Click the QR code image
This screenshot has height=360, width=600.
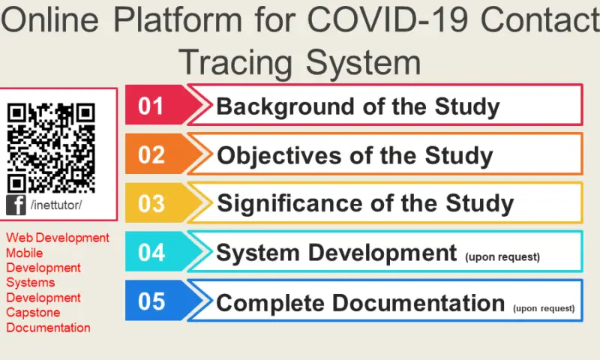(51, 148)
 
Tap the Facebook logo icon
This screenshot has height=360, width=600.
(16, 205)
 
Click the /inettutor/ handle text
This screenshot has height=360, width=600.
(56, 205)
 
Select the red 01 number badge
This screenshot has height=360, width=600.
(151, 106)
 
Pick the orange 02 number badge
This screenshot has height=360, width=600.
(151, 154)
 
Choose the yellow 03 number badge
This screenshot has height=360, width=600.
(151, 203)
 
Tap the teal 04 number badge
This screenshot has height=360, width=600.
(151, 252)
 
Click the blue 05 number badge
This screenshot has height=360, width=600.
(151, 301)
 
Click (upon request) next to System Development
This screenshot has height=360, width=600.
(502, 257)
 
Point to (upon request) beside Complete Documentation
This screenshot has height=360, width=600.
(544, 307)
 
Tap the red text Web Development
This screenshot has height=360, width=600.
(58, 238)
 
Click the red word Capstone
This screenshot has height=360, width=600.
(33, 313)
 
